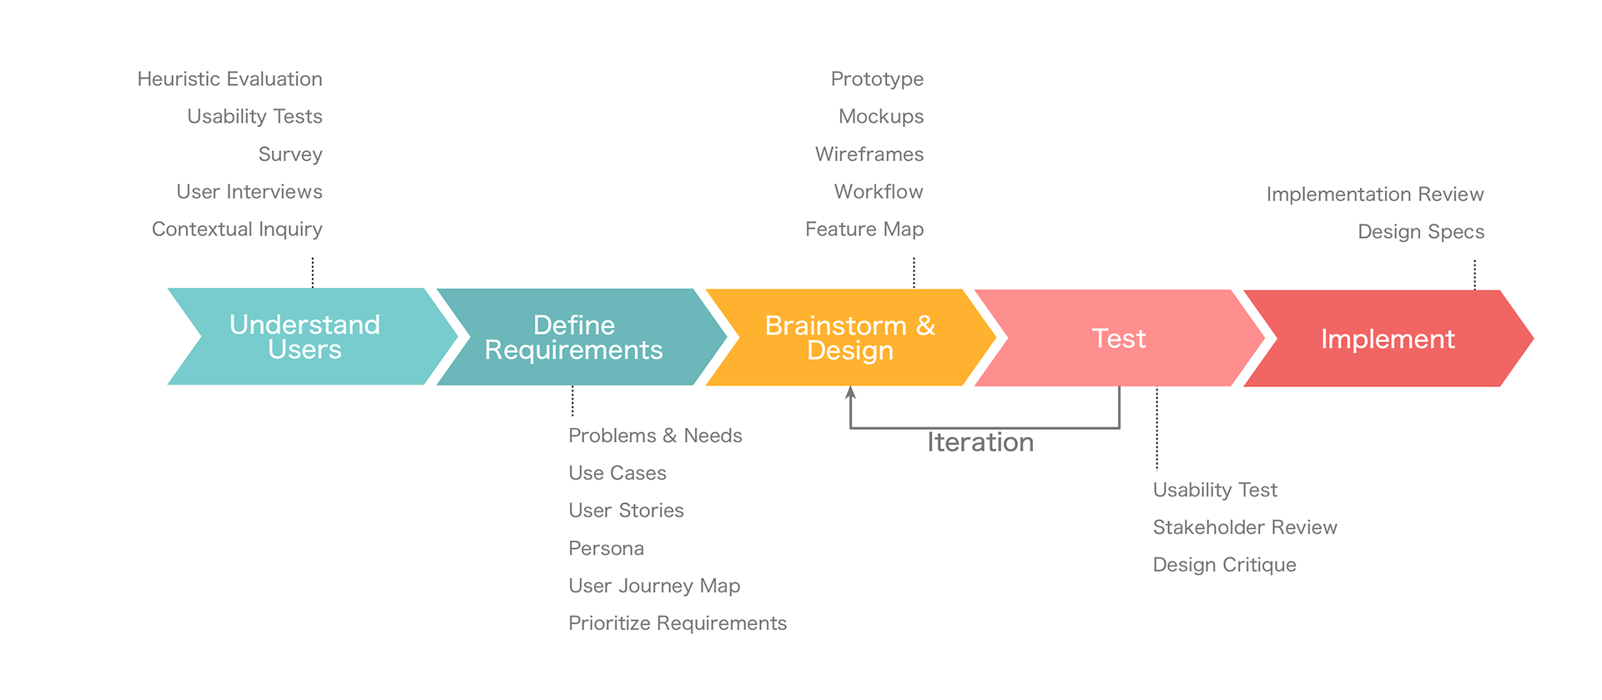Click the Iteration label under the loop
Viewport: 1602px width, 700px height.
980,442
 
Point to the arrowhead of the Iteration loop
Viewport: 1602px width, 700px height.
850,392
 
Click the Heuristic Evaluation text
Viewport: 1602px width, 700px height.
229,79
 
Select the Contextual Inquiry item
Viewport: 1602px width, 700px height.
237,229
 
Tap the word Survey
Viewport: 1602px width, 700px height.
290,155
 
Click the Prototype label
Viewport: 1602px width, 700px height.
877,80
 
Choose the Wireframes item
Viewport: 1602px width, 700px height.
869,154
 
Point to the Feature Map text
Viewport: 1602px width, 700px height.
864,229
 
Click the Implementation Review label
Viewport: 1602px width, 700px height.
1375,194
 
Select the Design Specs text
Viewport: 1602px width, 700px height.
1421,232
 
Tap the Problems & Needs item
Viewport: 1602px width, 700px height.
655,436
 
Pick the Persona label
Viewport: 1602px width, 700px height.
606,548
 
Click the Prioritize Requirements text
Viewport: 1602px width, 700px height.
678,623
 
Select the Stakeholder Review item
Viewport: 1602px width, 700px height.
1245,527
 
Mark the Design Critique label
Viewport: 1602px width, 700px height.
1224,565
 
